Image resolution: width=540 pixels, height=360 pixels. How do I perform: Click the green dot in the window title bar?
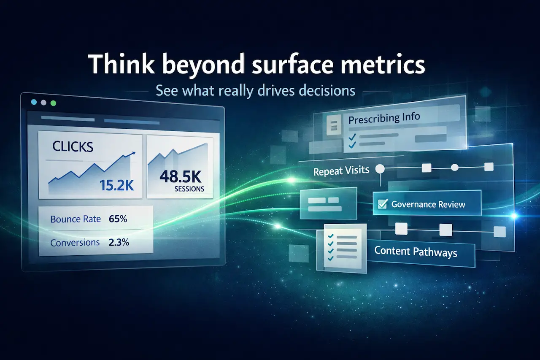(x=53, y=103)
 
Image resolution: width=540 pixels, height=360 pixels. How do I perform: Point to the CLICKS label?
(x=73, y=146)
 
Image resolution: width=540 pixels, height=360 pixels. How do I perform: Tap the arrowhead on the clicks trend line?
(x=134, y=154)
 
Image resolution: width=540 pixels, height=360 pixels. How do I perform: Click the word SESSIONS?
(x=189, y=189)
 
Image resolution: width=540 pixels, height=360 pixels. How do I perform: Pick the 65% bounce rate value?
(x=118, y=219)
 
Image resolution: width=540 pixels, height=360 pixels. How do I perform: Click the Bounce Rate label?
(x=76, y=219)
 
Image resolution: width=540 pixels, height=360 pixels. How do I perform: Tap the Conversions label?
(x=75, y=243)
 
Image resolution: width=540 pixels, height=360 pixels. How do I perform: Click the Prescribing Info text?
(x=384, y=118)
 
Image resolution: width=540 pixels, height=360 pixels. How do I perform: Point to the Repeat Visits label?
(x=341, y=171)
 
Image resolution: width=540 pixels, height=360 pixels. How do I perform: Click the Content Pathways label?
(x=416, y=252)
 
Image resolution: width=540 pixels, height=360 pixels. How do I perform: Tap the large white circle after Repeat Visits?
(x=380, y=169)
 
